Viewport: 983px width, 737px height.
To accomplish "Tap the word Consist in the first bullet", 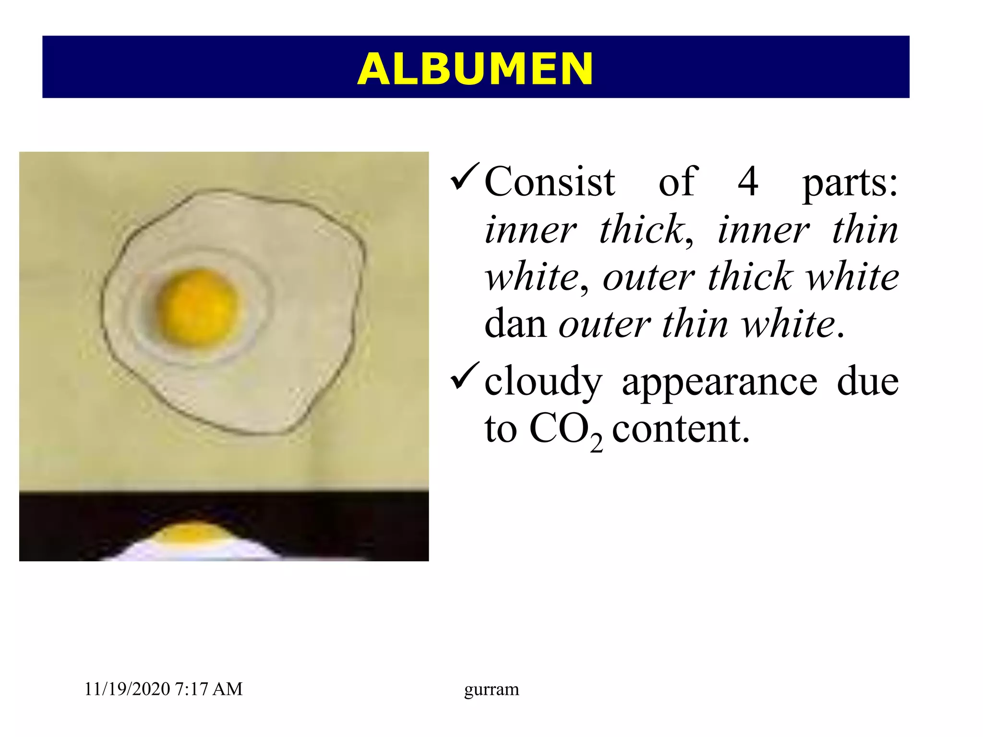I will pyautogui.click(x=550, y=182).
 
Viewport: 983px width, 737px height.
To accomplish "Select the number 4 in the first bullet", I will pyautogui.click(x=747, y=182).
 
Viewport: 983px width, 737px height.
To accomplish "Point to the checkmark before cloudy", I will pyautogui.click(x=465, y=377).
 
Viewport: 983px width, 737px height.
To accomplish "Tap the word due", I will pyautogui.click(x=867, y=381).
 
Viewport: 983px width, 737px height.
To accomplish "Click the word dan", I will pyautogui.click(x=515, y=324).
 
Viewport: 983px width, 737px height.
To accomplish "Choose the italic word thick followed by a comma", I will pyautogui.click(x=643, y=230).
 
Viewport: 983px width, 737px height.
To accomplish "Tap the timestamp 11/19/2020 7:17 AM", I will pyautogui.click(x=163, y=689).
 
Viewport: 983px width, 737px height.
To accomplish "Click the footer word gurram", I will pyautogui.click(x=491, y=689).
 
